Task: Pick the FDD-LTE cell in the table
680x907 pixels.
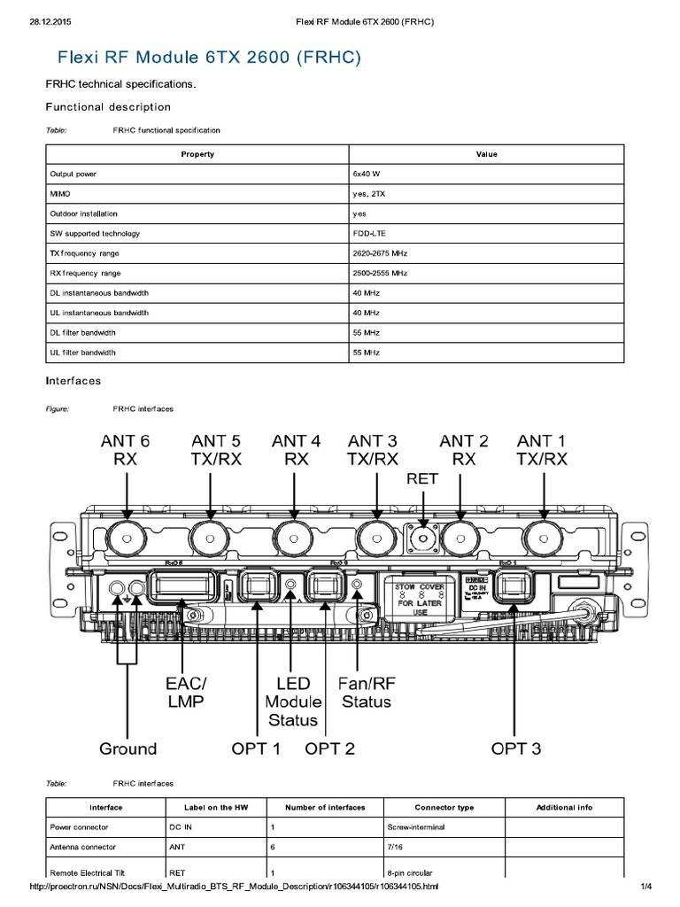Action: tap(367, 234)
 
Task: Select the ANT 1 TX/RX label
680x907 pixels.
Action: tap(542, 449)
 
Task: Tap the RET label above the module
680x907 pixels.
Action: tap(422, 478)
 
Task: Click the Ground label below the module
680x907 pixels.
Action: tap(127, 748)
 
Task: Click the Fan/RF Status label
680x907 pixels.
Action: tap(365, 693)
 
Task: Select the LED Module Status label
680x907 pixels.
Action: tap(293, 701)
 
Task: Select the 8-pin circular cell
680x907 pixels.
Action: tap(412, 872)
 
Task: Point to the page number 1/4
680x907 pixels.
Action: tap(645, 887)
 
